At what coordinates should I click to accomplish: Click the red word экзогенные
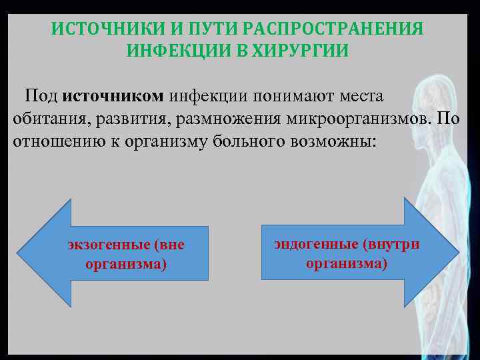pyautogui.click(x=109, y=245)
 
